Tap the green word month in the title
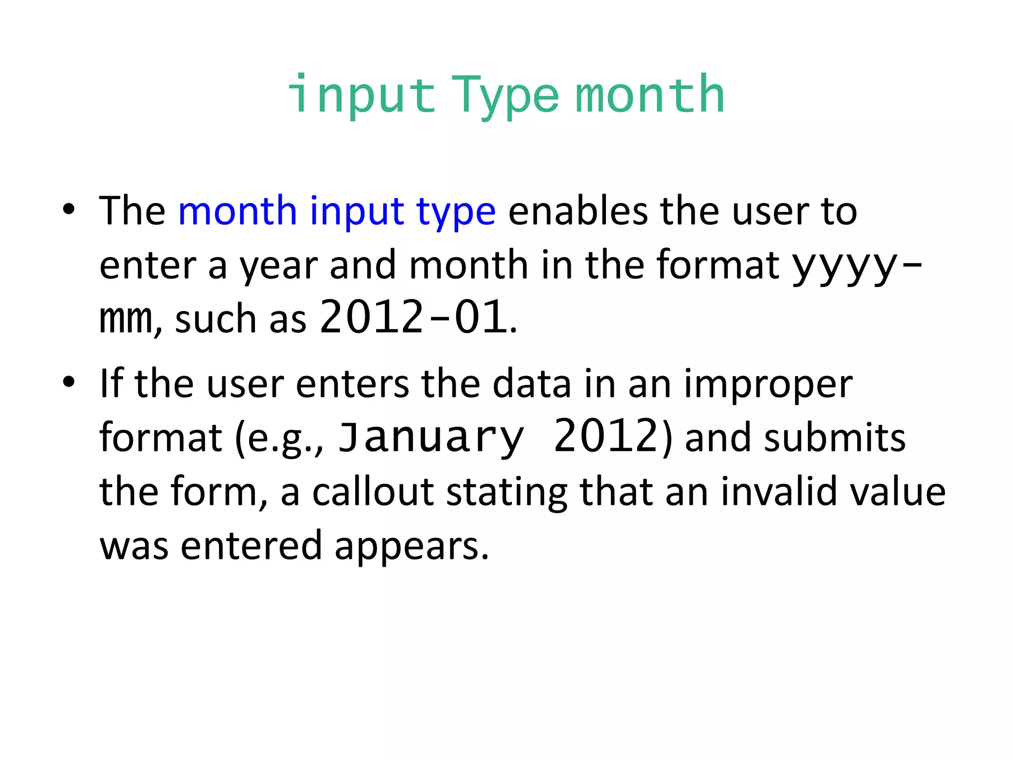click(650, 94)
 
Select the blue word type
click(456, 212)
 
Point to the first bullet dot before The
click(69, 210)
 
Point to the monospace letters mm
click(126, 319)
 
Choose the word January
click(430, 437)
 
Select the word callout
click(373, 492)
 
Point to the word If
click(111, 383)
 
